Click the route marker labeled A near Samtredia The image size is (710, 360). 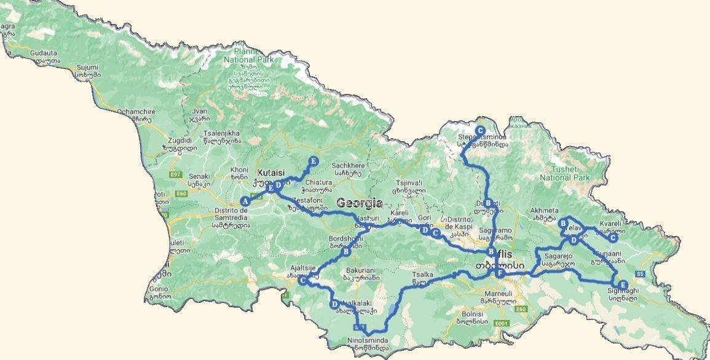(245, 201)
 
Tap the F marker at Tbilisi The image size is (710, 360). (500, 273)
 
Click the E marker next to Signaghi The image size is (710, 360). (623, 285)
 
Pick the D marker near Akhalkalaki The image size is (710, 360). (334, 304)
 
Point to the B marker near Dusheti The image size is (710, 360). (488, 203)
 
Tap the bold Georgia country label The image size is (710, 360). (360, 203)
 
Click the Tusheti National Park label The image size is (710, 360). (564, 173)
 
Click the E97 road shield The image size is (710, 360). (176, 175)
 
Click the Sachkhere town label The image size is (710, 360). (348, 165)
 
